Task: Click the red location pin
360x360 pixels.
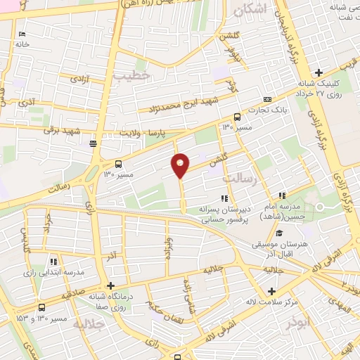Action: pyautogui.click(x=181, y=165)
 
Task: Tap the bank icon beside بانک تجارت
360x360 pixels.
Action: pyautogui.click(x=266, y=101)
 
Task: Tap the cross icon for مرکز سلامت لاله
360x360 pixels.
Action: pyautogui.click(x=271, y=291)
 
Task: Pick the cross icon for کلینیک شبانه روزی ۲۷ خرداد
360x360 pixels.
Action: pyautogui.click(x=319, y=72)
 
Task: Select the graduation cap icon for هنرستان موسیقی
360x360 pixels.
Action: pyautogui.click(x=278, y=233)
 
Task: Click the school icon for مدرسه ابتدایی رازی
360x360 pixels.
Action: pyautogui.click(x=53, y=262)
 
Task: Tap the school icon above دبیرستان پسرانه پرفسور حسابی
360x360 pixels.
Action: pyautogui.click(x=225, y=199)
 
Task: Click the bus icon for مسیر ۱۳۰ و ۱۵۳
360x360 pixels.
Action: pyautogui.click(x=41, y=307)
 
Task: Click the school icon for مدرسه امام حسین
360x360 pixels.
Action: pyautogui.click(x=282, y=195)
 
